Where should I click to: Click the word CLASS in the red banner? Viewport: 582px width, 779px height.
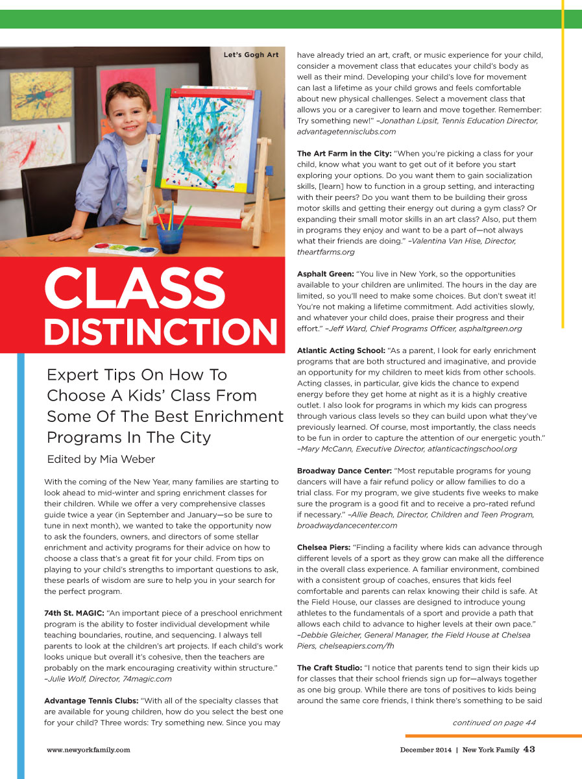click(134, 288)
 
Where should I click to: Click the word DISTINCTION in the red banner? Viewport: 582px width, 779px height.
click(161, 332)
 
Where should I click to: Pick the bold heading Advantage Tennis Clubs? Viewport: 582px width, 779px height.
click(91, 700)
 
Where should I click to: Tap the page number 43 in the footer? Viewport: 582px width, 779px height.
click(529, 749)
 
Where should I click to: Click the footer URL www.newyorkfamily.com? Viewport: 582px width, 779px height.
click(88, 750)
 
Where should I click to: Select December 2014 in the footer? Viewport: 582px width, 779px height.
click(425, 750)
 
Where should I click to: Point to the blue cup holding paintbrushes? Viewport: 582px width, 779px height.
click(170, 238)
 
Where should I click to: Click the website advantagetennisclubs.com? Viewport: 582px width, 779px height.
click(346, 132)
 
